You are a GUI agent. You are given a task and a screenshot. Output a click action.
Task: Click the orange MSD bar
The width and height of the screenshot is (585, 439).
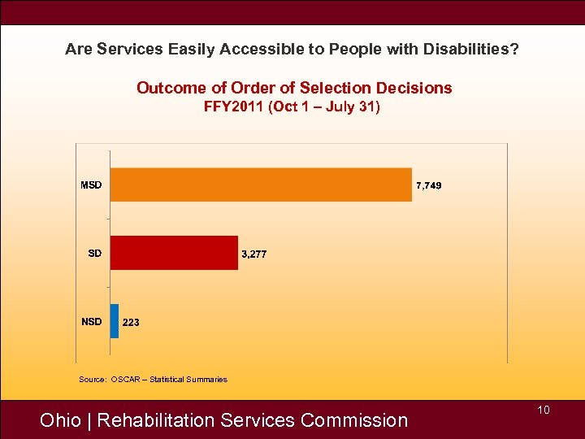pos(260,185)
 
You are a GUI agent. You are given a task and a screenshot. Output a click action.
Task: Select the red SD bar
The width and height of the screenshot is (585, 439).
pos(174,253)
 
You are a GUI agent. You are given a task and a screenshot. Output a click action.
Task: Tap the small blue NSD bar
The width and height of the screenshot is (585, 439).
pos(115,321)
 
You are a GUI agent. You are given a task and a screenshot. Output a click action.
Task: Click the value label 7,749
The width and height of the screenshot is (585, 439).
pos(429,186)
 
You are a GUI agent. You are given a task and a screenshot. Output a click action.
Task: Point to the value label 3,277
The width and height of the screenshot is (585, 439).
pos(254,254)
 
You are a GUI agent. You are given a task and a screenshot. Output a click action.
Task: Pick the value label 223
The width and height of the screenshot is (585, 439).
pos(131,323)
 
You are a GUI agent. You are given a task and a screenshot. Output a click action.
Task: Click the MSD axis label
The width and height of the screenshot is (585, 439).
pos(91,185)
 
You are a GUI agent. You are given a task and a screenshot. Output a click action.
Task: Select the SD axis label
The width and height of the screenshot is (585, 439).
pos(95,253)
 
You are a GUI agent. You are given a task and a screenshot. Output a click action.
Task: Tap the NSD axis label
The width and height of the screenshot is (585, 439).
pos(92,321)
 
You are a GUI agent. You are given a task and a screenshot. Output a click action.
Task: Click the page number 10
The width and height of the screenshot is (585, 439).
pos(544,410)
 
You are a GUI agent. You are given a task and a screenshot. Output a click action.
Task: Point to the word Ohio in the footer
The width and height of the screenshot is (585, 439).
pos(60,420)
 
